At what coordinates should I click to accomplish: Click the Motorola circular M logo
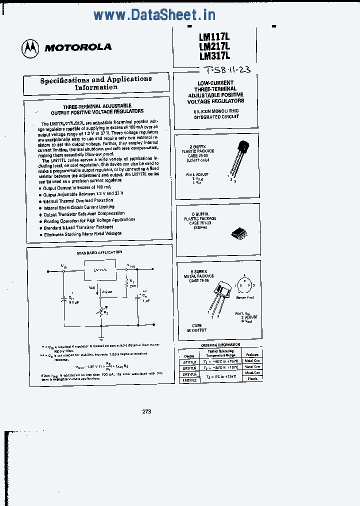click(29, 48)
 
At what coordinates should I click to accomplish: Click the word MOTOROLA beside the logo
click(78, 48)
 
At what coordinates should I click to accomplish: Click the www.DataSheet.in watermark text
click(154, 14)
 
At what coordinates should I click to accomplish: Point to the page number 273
click(146, 411)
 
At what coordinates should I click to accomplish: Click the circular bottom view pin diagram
click(244, 285)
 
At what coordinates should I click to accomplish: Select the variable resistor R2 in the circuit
click(101, 312)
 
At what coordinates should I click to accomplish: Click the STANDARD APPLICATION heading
click(99, 252)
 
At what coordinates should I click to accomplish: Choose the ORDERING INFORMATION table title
click(220, 345)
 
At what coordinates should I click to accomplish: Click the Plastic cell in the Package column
click(251, 378)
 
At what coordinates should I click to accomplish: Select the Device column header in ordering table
click(189, 356)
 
